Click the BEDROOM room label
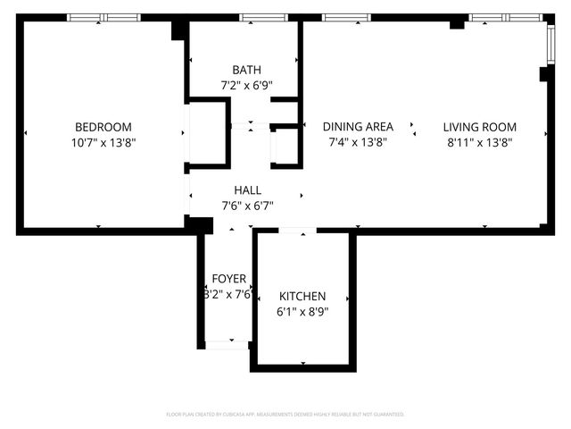click(x=103, y=127)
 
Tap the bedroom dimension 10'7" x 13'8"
click(x=103, y=142)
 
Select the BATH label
click(x=246, y=70)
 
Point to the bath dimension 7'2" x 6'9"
click(x=246, y=86)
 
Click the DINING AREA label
click(x=358, y=127)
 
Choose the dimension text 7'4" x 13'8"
click(x=358, y=142)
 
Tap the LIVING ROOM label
click(x=480, y=127)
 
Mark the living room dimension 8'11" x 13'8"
click(x=480, y=142)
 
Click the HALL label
click(x=247, y=190)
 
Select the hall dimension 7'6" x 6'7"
click(x=247, y=206)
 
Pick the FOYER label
click(x=228, y=279)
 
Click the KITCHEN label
click(x=302, y=297)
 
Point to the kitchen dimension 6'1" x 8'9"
click(x=302, y=312)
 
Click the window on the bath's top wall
click(x=257, y=17)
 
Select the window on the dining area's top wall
click(x=346, y=17)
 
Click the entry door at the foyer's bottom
click(x=228, y=343)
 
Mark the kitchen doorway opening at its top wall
click(x=297, y=231)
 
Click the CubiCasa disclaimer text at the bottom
click(x=285, y=415)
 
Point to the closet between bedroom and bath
click(x=207, y=134)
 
